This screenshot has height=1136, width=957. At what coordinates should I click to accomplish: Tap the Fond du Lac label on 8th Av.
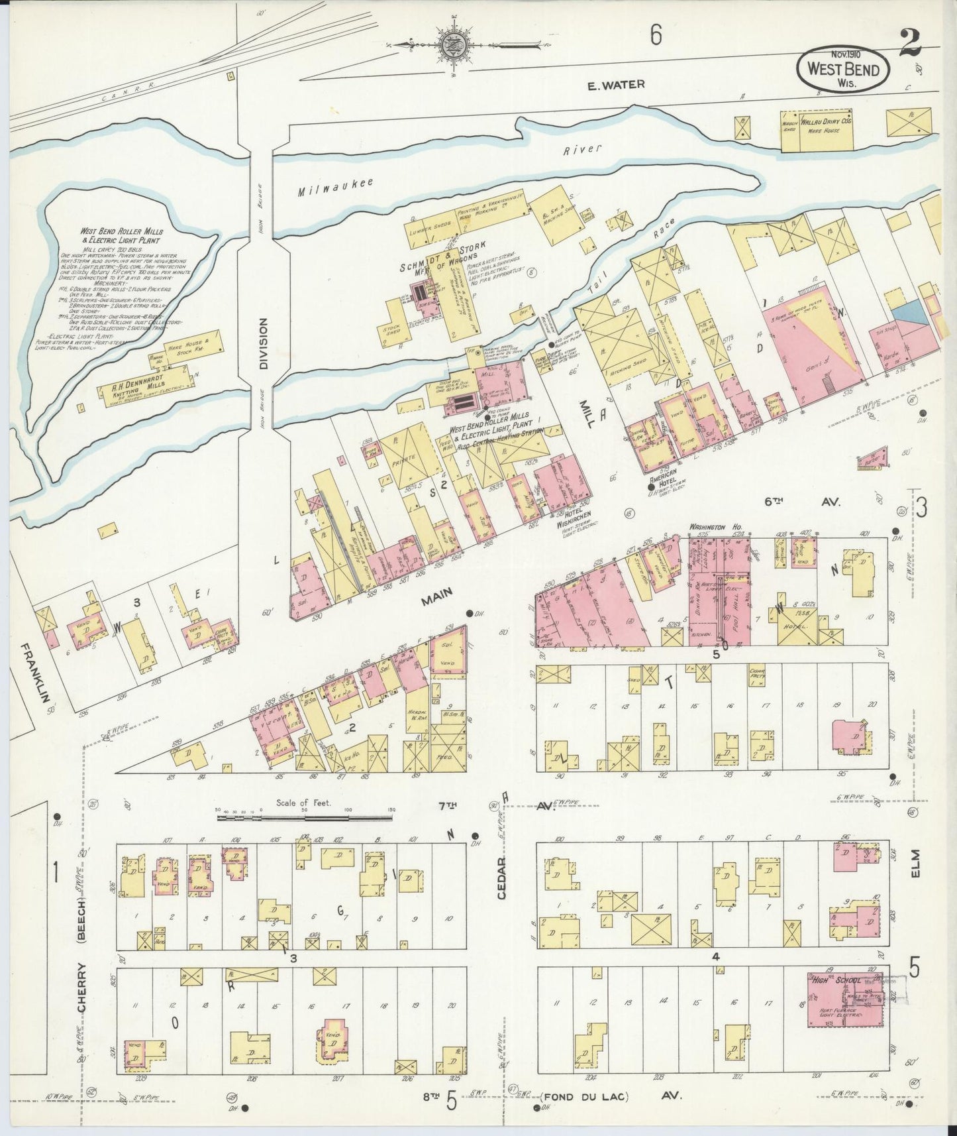583,1097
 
